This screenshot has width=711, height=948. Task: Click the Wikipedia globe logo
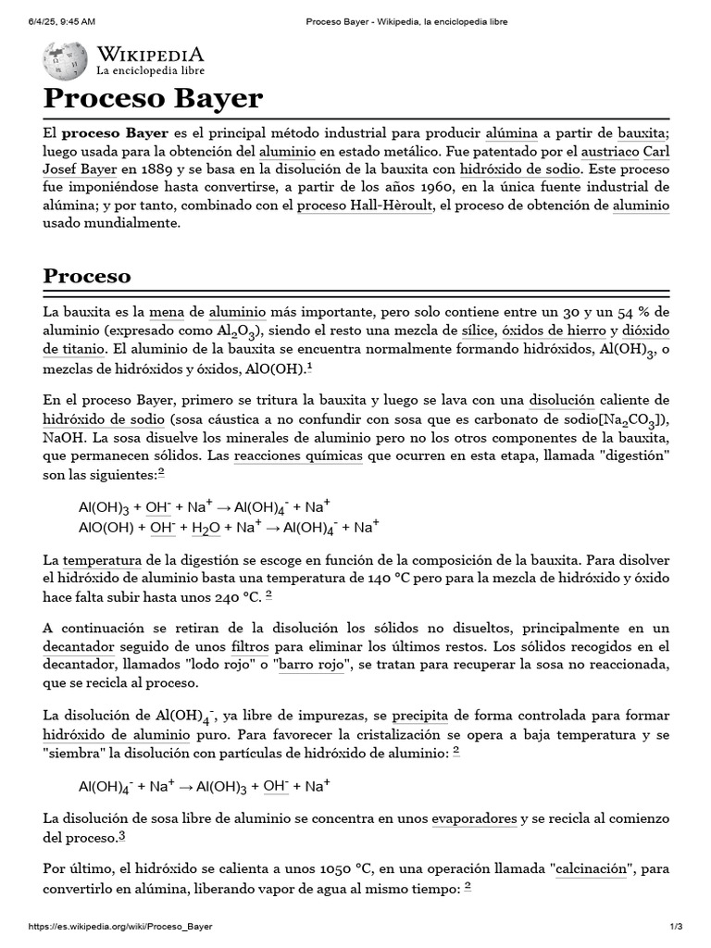(65, 60)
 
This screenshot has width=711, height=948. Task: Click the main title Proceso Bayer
(154, 98)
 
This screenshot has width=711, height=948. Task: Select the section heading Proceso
(87, 276)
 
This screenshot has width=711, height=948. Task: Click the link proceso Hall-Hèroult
(365, 206)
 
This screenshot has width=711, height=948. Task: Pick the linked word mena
(168, 313)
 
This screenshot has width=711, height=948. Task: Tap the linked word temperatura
(102, 560)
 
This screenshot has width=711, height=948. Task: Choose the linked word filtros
(250, 646)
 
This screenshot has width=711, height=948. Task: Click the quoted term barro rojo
(305, 665)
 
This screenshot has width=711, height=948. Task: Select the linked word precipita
(419, 716)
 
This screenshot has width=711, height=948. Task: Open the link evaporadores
(474, 818)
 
